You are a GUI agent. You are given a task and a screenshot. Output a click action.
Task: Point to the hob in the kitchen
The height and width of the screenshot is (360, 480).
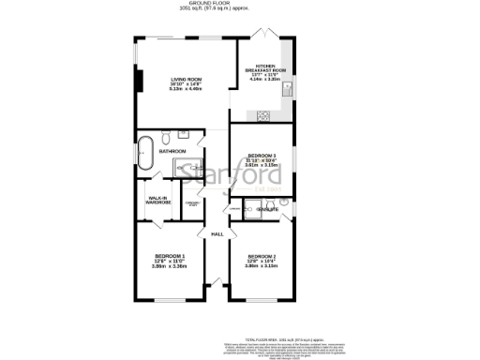click(x=264, y=117)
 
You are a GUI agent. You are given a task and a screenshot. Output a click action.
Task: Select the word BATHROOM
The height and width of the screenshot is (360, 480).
click(x=172, y=151)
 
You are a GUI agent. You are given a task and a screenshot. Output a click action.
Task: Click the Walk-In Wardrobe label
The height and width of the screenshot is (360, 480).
click(x=157, y=201)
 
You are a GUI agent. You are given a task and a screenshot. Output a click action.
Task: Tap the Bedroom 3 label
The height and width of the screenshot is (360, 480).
click(x=262, y=158)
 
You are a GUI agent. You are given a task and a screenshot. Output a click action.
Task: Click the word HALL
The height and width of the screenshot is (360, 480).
click(x=217, y=233)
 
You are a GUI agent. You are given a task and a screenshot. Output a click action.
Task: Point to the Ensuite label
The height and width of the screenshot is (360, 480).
click(x=268, y=210)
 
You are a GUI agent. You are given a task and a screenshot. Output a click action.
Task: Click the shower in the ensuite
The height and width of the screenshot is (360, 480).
click(x=248, y=212)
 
